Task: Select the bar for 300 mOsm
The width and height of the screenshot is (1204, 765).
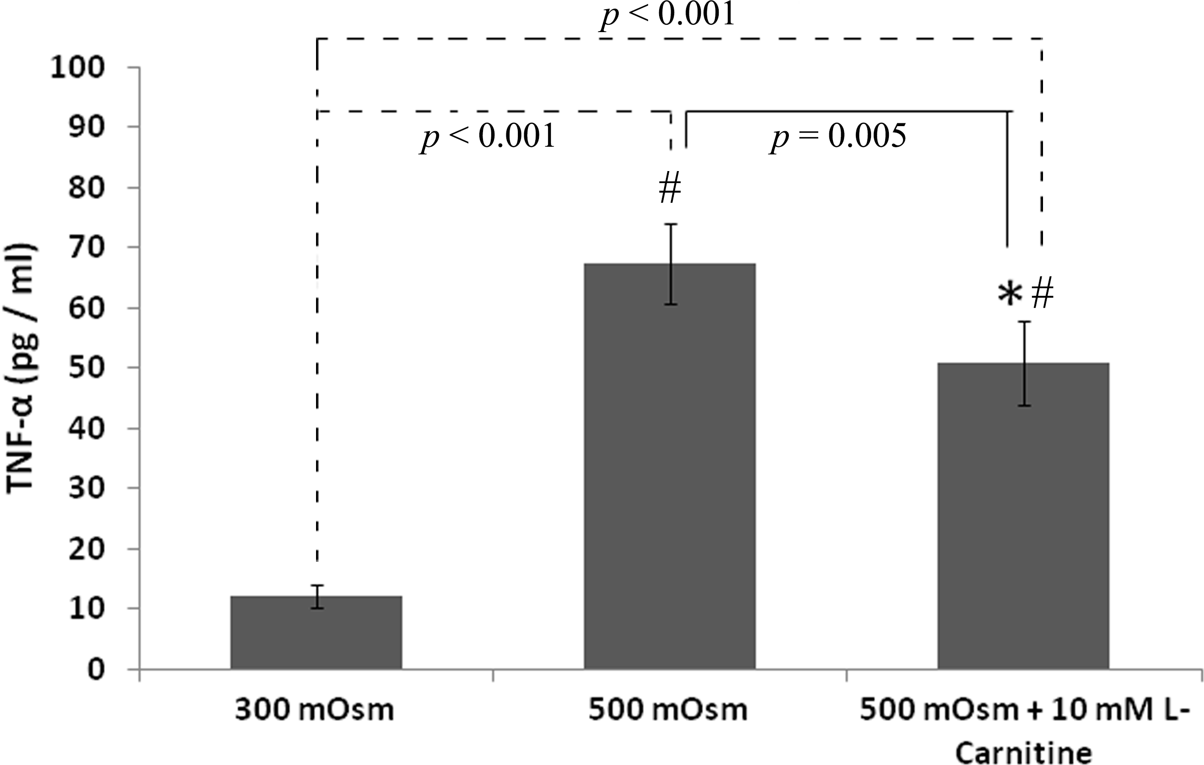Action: [x=316, y=632]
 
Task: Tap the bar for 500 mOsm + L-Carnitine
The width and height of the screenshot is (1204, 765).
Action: [x=1023, y=516]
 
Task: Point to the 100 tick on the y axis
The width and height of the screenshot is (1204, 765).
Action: [x=78, y=67]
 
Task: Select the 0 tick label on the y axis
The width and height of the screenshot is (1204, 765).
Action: [x=96, y=670]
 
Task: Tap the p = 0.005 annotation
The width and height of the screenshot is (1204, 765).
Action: [x=838, y=137]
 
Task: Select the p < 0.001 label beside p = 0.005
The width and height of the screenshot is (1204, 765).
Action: [x=488, y=137]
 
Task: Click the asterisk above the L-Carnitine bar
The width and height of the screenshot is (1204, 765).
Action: [x=1010, y=295]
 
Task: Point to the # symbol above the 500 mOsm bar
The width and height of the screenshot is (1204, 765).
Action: [x=670, y=189]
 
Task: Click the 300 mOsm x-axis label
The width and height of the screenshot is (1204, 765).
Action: [x=315, y=710]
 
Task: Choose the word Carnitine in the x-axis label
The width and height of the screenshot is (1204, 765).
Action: [x=1023, y=753]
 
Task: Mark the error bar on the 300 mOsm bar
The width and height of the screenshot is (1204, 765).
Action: [x=316, y=597]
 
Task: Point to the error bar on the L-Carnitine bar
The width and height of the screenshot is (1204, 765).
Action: [x=1025, y=364]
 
